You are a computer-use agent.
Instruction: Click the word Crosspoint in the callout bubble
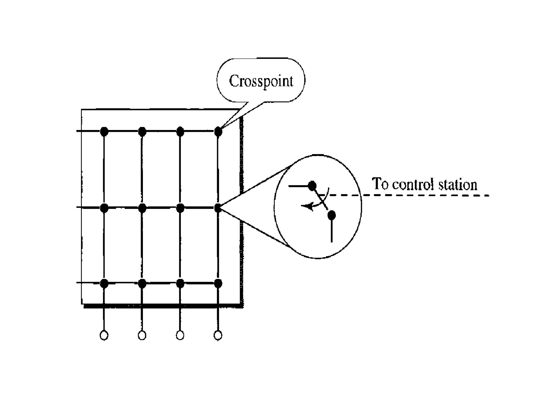tap(261, 81)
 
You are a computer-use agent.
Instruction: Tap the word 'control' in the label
tap(413, 184)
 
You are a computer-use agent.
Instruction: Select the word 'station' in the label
tap(458, 184)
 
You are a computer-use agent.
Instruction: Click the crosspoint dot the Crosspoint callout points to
tap(218, 131)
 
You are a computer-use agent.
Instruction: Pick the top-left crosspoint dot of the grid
tap(104, 131)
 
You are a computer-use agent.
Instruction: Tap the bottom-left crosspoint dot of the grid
tap(104, 283)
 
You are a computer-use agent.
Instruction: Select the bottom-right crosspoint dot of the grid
tap(218, 283)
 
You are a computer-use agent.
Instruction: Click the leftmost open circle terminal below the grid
tap(104, 335)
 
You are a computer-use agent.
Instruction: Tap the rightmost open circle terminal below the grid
tap(218, 335)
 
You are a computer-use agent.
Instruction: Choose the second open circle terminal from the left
tap(142, 335)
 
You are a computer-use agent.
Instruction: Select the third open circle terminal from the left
tap(180, 335)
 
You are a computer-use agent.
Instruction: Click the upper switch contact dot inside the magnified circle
tap(312, 186)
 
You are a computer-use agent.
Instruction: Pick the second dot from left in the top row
tap(142, 131)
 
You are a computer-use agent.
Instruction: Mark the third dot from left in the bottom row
tap(180, 283)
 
